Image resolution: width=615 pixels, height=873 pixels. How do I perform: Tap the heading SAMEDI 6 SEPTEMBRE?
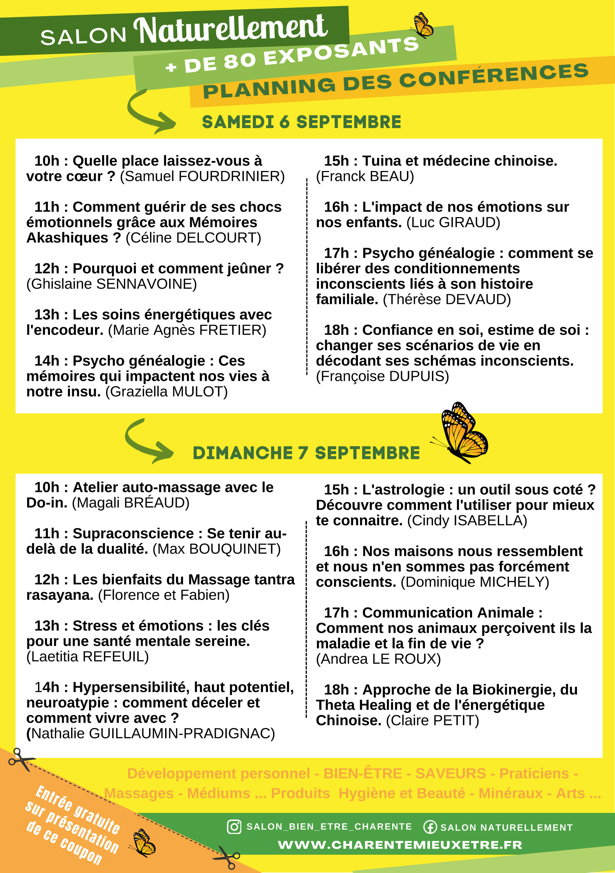coord(301,122)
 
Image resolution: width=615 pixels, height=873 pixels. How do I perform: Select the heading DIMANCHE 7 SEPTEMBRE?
coord(306,453)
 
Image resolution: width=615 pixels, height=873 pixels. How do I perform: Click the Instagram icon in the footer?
coord(234,827)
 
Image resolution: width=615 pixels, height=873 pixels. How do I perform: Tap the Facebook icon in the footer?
coord(430,827)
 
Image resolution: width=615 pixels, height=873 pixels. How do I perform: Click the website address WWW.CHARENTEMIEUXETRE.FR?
coord(400,845)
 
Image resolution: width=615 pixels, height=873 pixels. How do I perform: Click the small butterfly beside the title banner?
coord(422,25)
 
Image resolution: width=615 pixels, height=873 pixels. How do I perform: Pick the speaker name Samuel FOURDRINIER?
coord(202,176)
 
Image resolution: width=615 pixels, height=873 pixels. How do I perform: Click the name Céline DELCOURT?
coord(194,238)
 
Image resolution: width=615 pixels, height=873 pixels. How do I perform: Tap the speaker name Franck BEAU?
coord(365,176)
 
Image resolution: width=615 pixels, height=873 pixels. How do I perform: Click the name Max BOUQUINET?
coord(216,549)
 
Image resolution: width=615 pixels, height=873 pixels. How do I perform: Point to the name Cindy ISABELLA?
coord(467,520)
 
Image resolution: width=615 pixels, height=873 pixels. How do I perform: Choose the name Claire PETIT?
coord(432,721)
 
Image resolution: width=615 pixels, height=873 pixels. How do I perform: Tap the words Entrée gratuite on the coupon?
coord(77,810)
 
